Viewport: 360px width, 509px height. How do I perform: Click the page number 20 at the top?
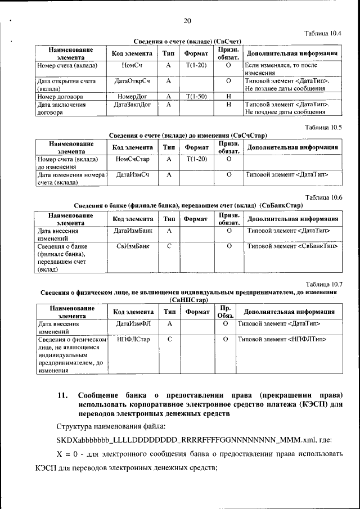(x=187, y=21)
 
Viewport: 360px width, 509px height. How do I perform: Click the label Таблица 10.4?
(x=325, y=34)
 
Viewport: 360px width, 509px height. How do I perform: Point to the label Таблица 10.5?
(x=325, y=127)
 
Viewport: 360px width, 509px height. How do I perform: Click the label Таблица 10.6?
(x=325, y=197)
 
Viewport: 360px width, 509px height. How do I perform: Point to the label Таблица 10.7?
(x=325, y=284)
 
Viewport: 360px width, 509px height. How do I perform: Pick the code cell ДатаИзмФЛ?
(x=133, y=324)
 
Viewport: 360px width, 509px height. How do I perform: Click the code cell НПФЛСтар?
(x=133, y=339)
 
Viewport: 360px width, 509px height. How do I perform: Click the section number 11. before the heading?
(x=63, y=395)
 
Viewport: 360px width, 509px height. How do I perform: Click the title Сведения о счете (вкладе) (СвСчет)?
(x=187, y=42)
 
